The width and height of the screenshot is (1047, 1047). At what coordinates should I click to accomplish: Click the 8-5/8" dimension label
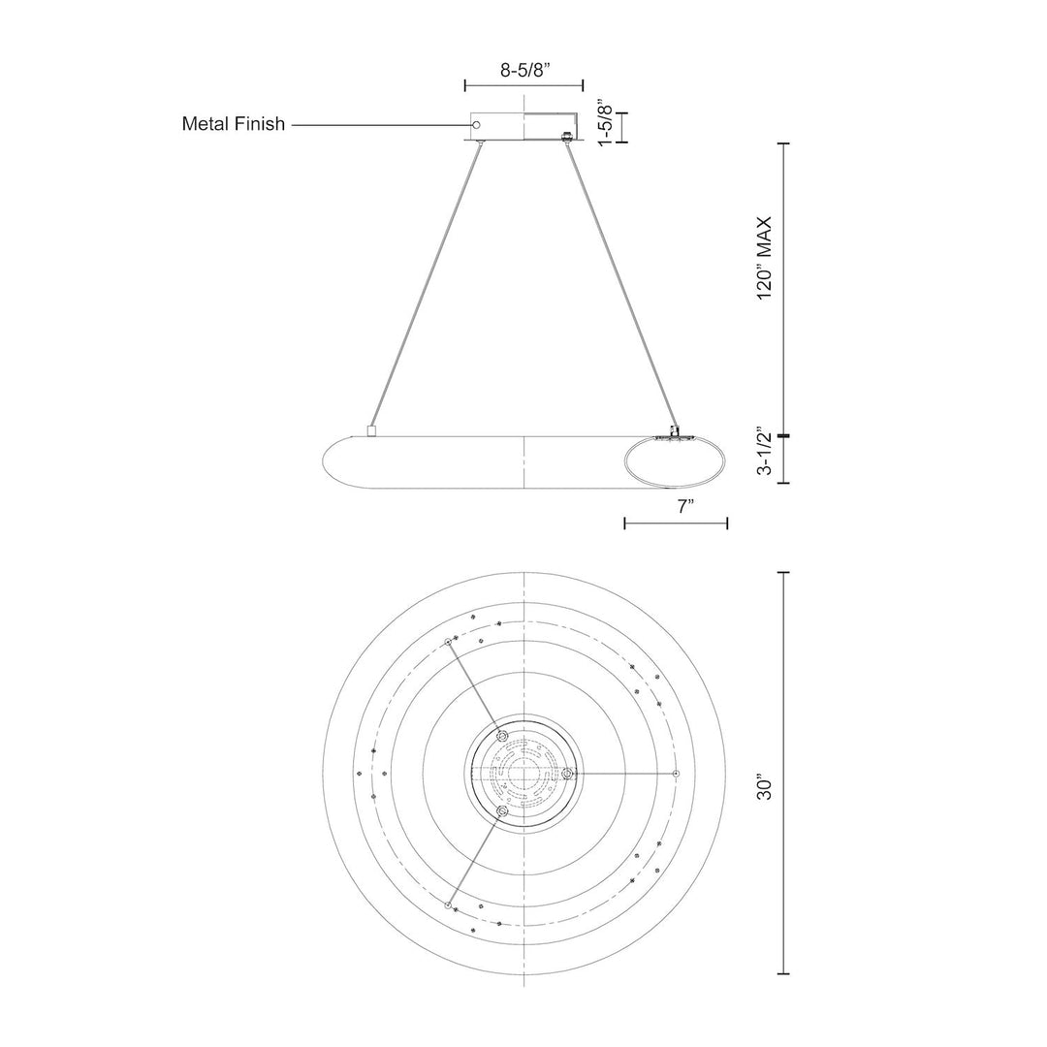(x=524, y=71)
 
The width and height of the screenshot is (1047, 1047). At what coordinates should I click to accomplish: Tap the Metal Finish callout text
(x=233, y=124)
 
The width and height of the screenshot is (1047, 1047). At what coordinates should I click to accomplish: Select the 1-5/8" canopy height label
(x=605, y=124)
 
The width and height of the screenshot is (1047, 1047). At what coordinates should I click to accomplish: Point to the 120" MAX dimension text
(x=764, y=257)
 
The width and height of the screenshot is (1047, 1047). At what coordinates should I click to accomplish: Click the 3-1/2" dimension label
(x=764, y=452)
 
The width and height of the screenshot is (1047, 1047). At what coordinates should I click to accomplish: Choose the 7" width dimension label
(x=682, y=507)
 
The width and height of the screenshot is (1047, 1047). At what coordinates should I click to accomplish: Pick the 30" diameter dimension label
(x=764, y=787)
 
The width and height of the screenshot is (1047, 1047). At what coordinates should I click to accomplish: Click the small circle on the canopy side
(x=476, y=125)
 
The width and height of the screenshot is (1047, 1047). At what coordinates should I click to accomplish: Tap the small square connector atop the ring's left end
(x=372, y=431)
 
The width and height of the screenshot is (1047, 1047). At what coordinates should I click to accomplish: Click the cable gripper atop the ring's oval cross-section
(x=675, y=432)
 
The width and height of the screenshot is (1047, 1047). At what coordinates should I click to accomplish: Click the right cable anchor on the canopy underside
(x=567, y=137)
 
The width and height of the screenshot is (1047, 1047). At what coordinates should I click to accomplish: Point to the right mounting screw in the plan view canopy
(x=567, y=774)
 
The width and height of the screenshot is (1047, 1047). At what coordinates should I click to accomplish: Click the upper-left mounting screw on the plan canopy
(x=502, y=736)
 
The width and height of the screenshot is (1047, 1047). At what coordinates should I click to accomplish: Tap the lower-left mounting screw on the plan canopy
(x=502, y=810)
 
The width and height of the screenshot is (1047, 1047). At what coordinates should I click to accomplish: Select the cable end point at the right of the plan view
(x=677, y=774)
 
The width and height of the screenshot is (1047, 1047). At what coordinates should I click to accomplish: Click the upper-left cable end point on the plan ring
(x=448, y=642)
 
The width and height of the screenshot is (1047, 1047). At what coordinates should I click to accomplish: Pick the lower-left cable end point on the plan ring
(x=448, y=905)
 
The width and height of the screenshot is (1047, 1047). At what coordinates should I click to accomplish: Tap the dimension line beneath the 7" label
(x=676, y=523)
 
